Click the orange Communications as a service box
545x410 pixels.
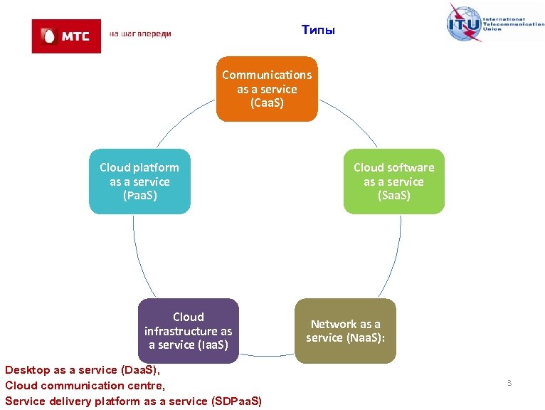(x=267, y=89)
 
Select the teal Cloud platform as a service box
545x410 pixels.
(x=139, y=182)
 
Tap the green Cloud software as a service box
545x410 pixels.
(x=393, y=182)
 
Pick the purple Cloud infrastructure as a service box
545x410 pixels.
(x=188, y=331)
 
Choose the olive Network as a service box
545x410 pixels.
(x=344, y=331)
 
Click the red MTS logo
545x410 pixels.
(x=66, y=36)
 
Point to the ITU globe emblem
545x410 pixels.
(x=463, y=23)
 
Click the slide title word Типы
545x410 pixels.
(x=317, y=30)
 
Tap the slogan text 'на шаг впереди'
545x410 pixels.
(x=140, y=34)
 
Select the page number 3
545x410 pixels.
(x=509, y=384)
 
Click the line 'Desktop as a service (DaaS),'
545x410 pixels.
(x=83, y=370)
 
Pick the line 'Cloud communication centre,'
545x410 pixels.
(x=85, y=386)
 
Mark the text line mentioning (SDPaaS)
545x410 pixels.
(x=133, y=401)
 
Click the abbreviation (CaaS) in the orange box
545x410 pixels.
(x=267, y=103)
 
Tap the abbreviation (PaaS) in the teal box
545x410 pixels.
(x=139, y=195)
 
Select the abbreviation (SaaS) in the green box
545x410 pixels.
(x=393, y=195)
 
